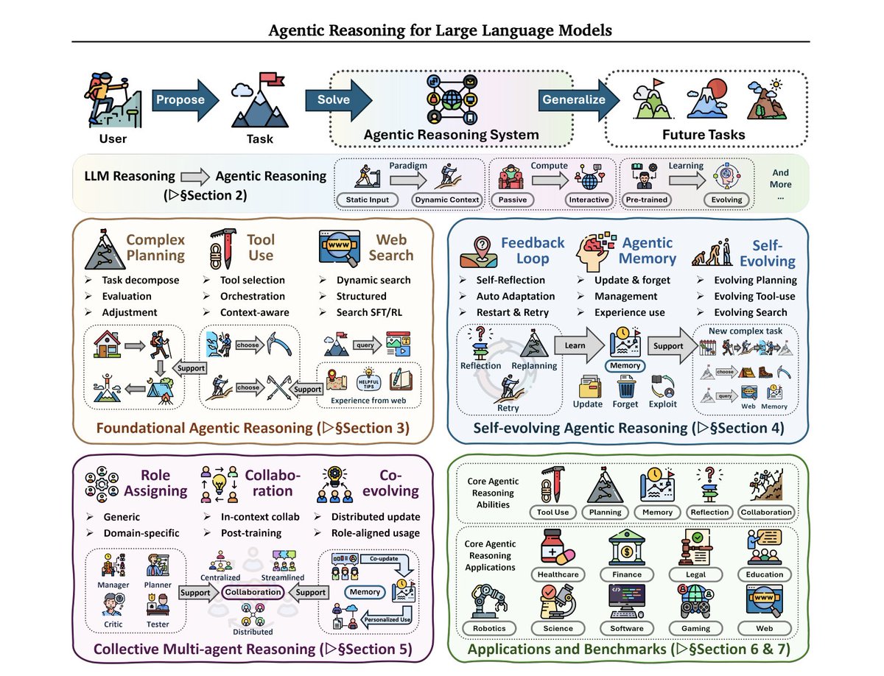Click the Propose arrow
183,100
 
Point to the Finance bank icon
626,547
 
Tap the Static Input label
364,200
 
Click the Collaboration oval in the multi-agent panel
253,592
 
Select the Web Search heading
390,247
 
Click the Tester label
158,624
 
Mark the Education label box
764,574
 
